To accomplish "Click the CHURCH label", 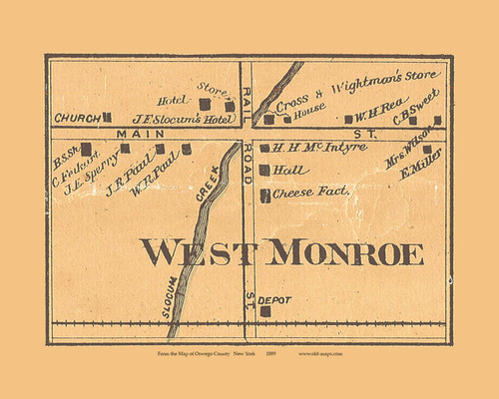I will [77, 118].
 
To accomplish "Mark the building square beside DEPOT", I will [265, 311].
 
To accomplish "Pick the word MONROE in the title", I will [345, 253].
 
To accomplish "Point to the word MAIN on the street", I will [134, 133].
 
